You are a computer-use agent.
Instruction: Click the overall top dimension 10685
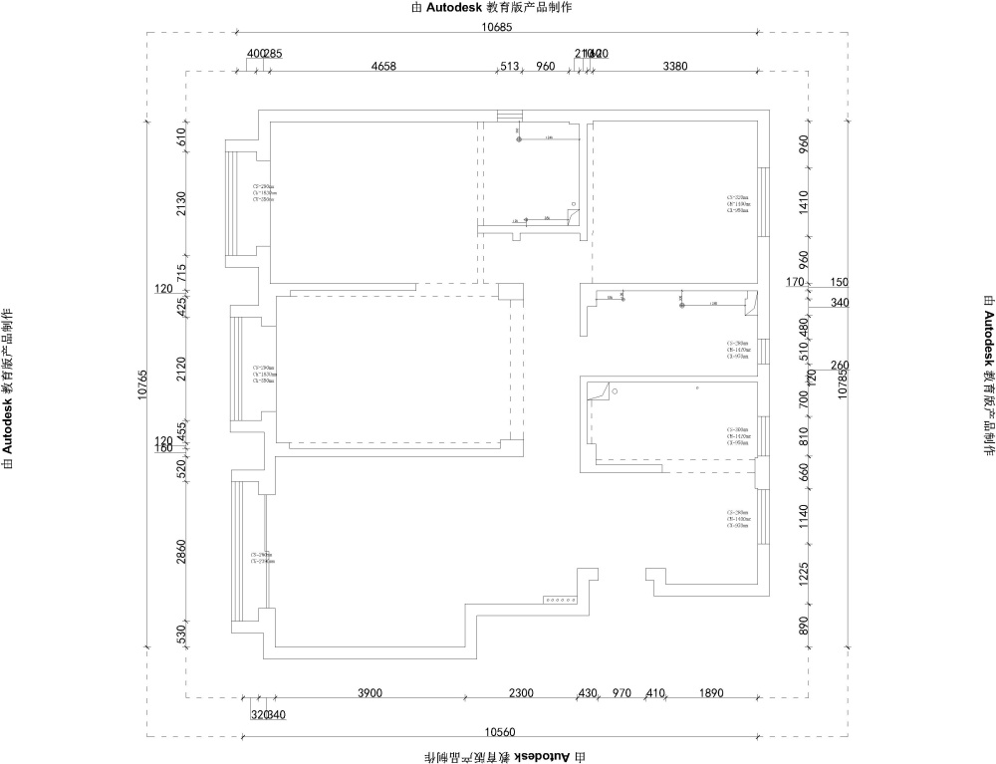pyautogui.click(x=498, y=27)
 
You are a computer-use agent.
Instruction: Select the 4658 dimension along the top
pyautogui.click(x=383, y=67)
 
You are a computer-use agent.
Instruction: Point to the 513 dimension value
pyautogui.click(x=510, y=67)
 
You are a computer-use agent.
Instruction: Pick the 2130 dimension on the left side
pyautogui.click(x=181, y=204)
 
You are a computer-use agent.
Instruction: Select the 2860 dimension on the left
pyautogui.click(x=181, y=554)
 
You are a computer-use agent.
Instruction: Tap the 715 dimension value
pyautogui.click(x=181, y=271)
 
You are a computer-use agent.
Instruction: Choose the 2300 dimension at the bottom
pyautogui.click(x=521, y=693)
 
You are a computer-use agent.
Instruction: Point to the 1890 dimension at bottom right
pyautogui.click(x=711, y=693)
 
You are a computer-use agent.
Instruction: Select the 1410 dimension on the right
pyautogui.click(x=804, y=202)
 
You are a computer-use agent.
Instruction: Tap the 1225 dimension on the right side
pyautogui.click(x=804, y=573)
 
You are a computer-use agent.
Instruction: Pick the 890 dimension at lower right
pyautogui.click(x=804, y=626)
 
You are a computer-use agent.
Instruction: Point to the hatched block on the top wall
pyautogui.click(x=509, y=116)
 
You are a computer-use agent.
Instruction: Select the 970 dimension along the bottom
pyautogui.click(x=622, y=693)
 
